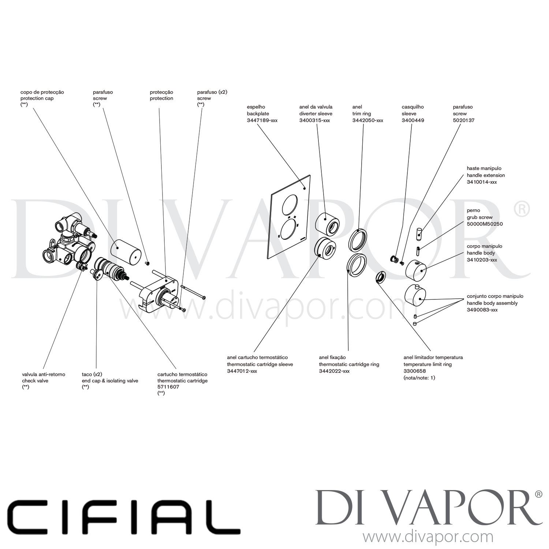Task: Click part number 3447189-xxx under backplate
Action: [x=262, y=120]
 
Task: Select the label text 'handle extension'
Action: [x=486, y=175]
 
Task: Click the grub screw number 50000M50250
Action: [x=485, y=224]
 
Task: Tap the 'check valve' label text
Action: [x=35, y=381]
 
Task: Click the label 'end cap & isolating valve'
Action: [x=110, y=381]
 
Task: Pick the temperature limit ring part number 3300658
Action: [x=415, y=371]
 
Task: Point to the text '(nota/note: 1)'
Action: [x=419, y=378]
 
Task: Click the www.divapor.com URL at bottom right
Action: [x=427, y=537]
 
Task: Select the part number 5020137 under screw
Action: [x=464, y=120]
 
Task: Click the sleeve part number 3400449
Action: [x=413, y=120]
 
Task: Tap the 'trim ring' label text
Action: [x=362, y=114]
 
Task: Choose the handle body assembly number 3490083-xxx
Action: [x=482, y=310]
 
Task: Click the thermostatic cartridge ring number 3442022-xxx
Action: [x=334, y=371]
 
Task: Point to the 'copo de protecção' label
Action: [x=42, y=92]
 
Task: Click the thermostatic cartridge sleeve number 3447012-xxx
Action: [x=242, y=371]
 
